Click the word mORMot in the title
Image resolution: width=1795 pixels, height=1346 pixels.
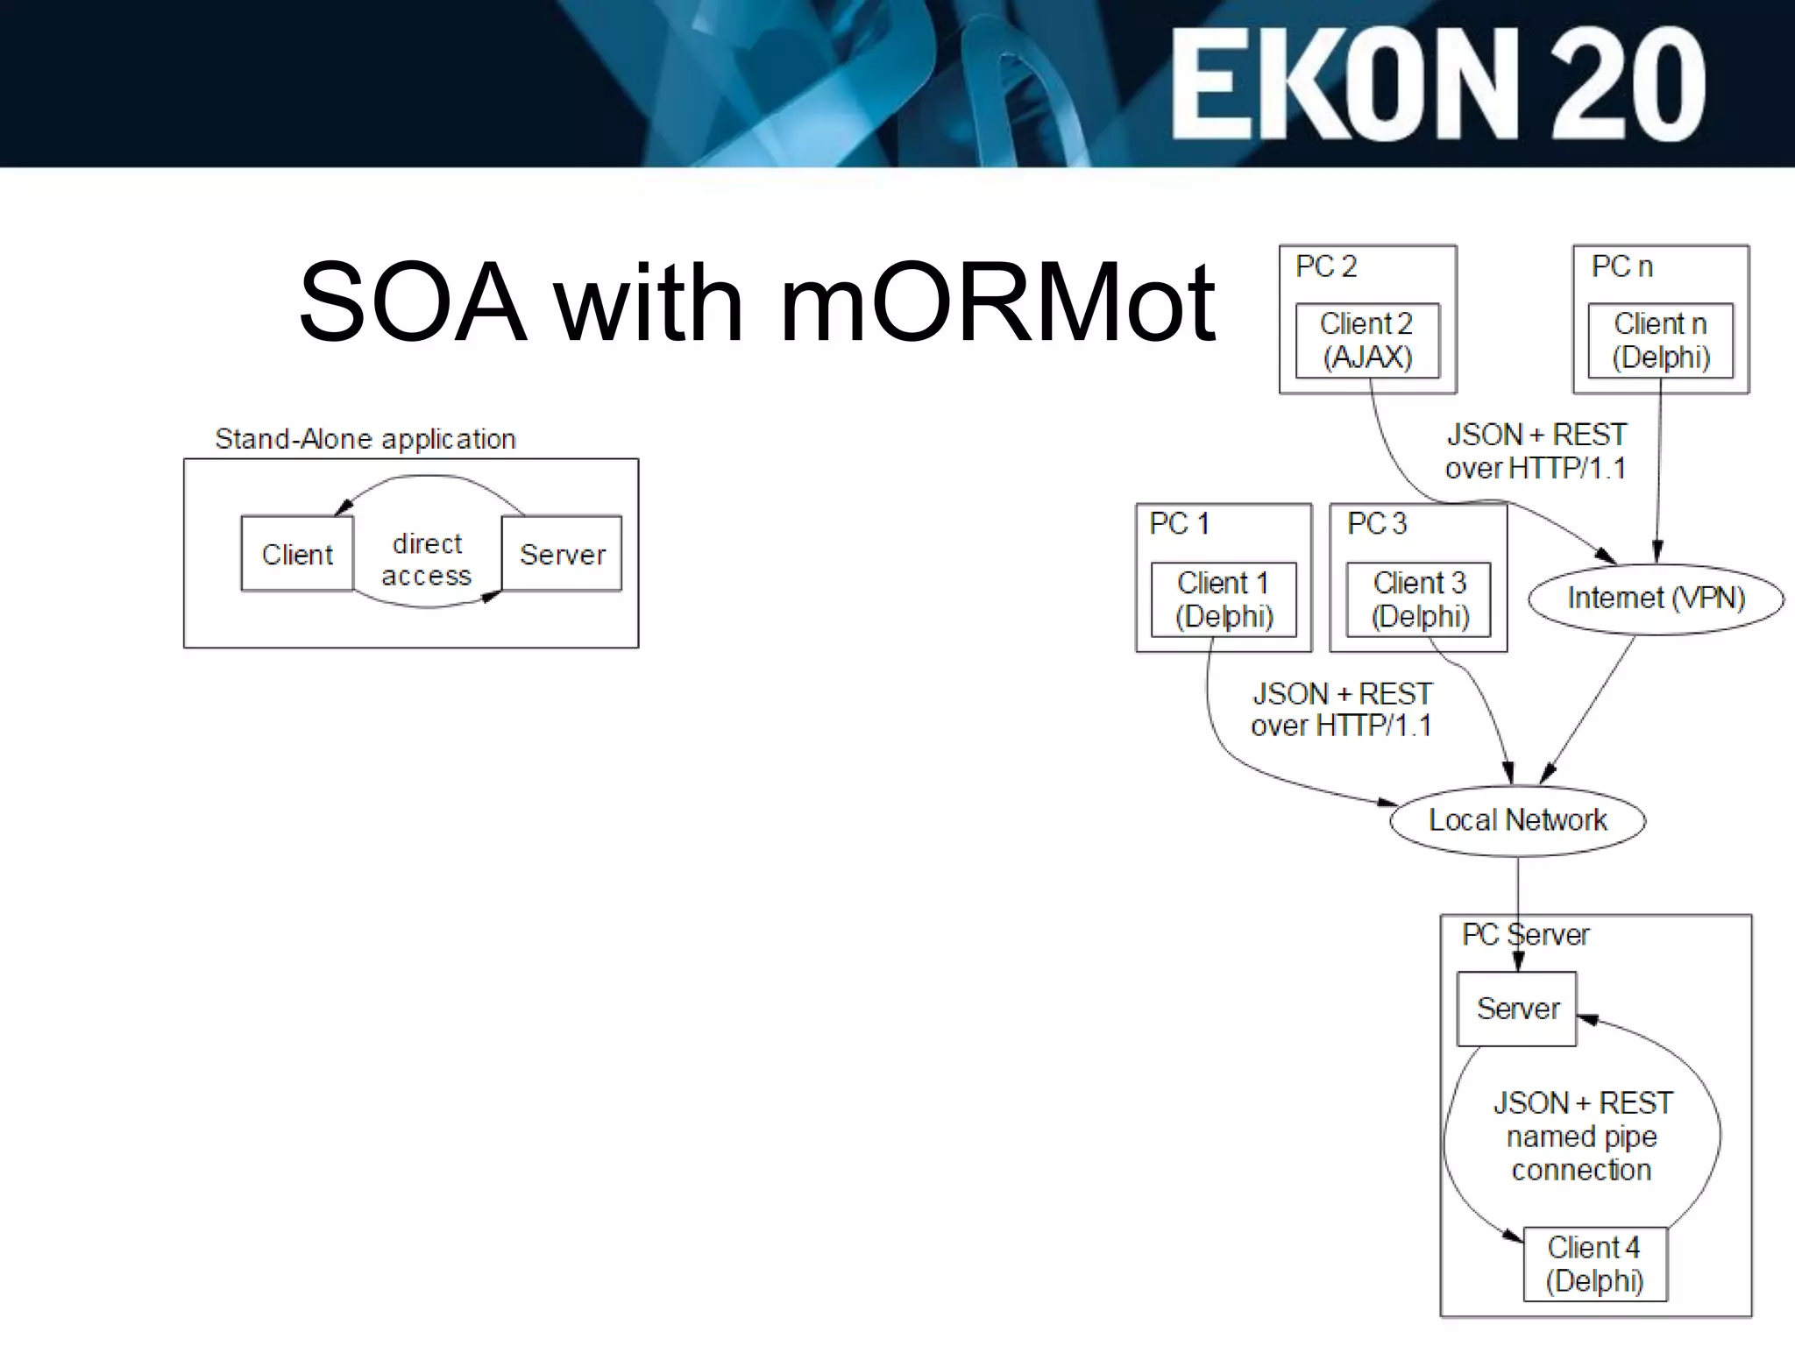[997, 302]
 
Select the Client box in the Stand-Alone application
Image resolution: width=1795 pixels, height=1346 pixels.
[297, 554]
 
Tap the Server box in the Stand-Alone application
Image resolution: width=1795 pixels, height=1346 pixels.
[562, 554]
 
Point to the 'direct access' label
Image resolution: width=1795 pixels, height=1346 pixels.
[427, 559]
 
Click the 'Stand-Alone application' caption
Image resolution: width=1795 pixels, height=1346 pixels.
[365, 438]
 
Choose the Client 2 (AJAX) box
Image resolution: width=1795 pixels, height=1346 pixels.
[1367, 341]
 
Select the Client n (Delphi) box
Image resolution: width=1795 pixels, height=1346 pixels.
[1661, 341]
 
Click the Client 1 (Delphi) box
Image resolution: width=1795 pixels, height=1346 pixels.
[1224, 599]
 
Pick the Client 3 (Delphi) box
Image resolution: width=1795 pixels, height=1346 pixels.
[1419, 599]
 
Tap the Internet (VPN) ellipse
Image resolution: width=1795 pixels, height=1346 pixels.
[1656, 599]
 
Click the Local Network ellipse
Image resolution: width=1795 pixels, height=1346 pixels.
[1518, 820]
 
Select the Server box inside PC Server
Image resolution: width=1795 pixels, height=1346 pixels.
[1517, 1009]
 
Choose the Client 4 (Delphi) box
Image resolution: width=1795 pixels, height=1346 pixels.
[1595, 1264]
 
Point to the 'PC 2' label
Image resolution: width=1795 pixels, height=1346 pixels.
[1326, 266]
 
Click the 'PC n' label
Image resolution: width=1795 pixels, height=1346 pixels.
[1621, 266]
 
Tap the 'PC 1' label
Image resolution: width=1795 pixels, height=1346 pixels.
[1180, 524]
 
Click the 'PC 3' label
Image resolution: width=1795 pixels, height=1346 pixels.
[1377, 524]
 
